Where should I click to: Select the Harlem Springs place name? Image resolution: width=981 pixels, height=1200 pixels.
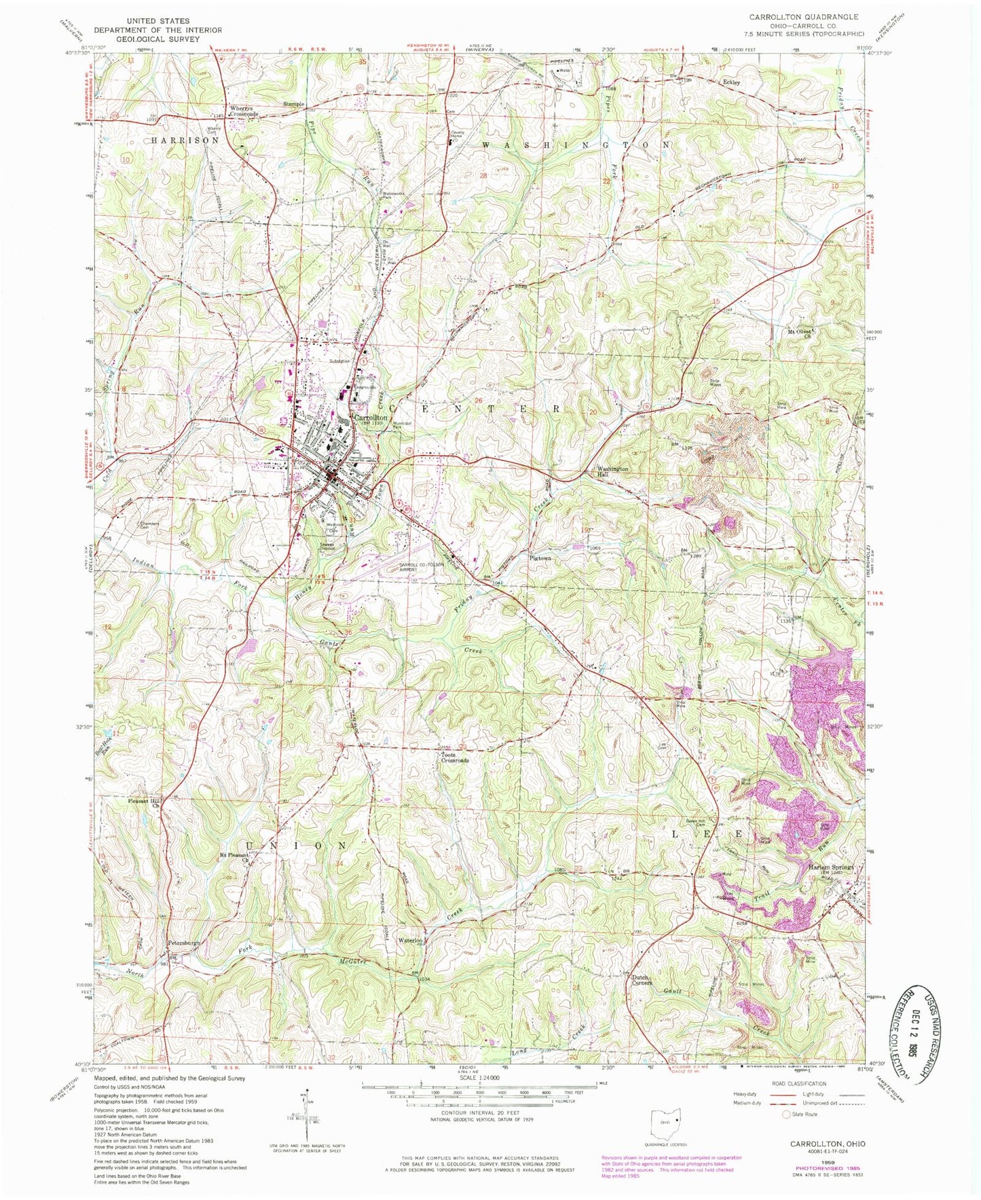coord(830,867)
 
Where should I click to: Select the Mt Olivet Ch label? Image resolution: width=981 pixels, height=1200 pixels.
coord(800,333)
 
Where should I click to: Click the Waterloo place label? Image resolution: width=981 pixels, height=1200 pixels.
coord(411,941)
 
